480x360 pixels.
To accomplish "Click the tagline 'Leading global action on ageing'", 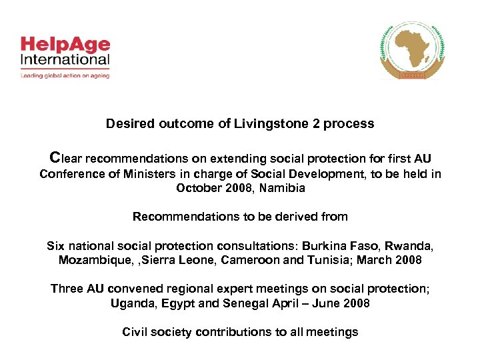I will point(65,75).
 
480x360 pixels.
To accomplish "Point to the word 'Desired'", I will point(129,124).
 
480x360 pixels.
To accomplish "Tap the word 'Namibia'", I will point(283,188).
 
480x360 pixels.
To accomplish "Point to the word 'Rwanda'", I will point(414,245).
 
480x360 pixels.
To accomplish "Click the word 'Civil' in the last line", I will point(137,332).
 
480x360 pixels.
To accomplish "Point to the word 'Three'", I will point(67,289).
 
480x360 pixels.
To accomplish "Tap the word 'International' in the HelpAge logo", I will point(65,60).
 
